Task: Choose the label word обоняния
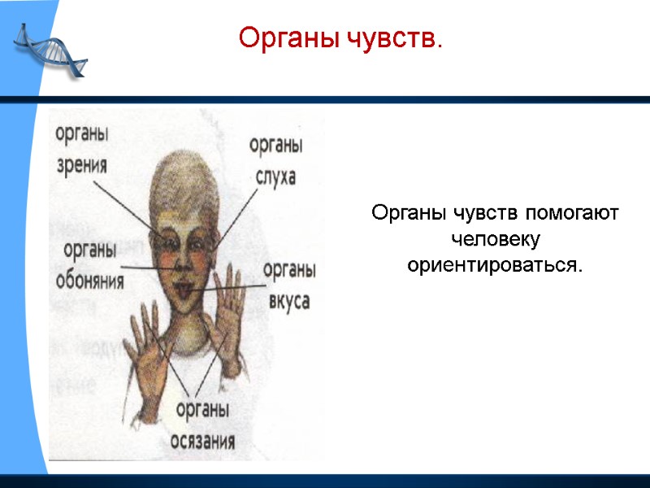click(x=90, y=281)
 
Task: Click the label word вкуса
click(x=288, y=300)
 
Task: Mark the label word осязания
click(x=202, y=442)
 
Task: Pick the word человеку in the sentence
click(x=495, y=240)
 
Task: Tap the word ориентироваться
click(x=495, y=265)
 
